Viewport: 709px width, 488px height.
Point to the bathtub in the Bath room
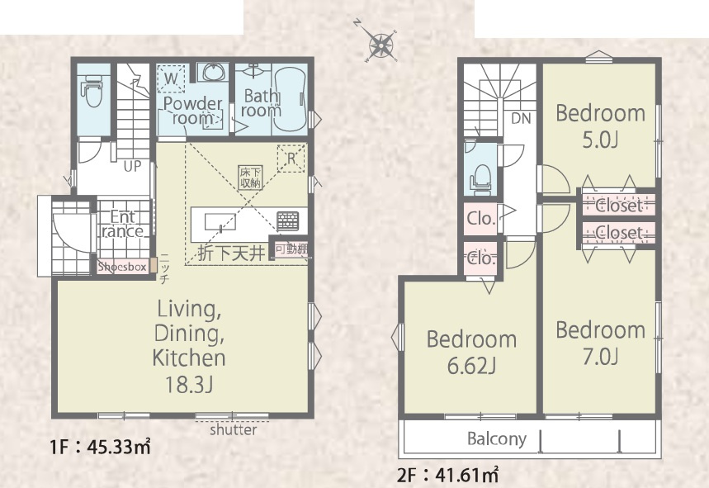[x=291, y=101]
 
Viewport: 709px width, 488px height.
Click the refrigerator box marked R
[x=291, y=159]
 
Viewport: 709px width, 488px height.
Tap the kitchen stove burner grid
[x=288, y=221]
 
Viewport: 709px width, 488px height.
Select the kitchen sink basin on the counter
[x=220, y=222]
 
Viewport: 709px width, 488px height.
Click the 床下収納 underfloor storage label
[x=250, y=178]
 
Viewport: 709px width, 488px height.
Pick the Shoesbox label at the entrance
[x=122, y=267]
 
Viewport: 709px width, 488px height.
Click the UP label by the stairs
[x=133, y=167]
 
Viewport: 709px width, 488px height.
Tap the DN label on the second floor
[x=521, y=119]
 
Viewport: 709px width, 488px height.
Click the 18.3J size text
[x=188, y=385]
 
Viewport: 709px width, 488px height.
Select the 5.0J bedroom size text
[x=600, y=140]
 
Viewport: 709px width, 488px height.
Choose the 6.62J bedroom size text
[x=471, y=366]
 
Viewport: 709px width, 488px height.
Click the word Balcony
[x=497, y=438]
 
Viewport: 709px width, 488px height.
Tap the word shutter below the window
[x=234, y=429]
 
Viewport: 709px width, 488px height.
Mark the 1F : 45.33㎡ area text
[x=100, y=448]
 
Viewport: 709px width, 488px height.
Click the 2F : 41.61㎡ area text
[x=448, y=475]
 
